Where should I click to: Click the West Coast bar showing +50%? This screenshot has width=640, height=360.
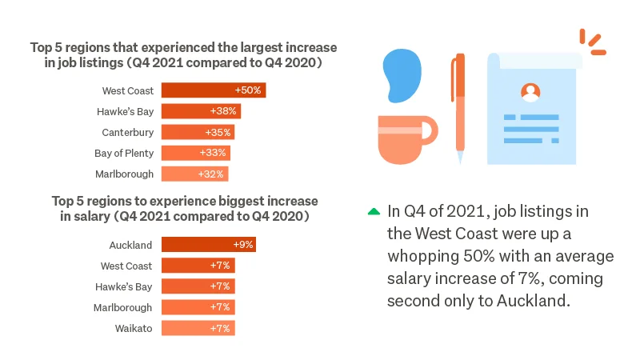tap(213, 90)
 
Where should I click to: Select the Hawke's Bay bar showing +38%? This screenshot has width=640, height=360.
tap(201, 111)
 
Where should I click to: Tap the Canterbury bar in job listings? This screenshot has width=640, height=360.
tap(198, 132)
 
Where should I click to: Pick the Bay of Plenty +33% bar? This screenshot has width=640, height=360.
tap(196, 153)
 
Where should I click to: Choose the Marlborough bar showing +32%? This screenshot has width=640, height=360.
tap(194, 174)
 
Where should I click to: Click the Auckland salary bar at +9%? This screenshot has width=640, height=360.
tap(208, 245)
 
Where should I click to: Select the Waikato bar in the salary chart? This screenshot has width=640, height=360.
tap(198, 328)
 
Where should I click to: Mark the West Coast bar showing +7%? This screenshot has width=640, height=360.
tap(198, 266)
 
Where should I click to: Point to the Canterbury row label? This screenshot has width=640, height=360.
tap(127, 132)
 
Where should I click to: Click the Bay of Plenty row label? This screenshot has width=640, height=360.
tap(124, 153)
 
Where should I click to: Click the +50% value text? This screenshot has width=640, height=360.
tap(247, 90)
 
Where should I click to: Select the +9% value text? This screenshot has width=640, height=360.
tap(242, 245)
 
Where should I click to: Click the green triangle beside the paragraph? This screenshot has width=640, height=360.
tap(374, 212)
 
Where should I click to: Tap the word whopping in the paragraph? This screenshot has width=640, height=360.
tap(422, 256)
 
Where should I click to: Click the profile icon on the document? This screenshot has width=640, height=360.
tap(530, 92)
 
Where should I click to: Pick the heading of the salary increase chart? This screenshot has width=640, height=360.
tap(184, 208)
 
